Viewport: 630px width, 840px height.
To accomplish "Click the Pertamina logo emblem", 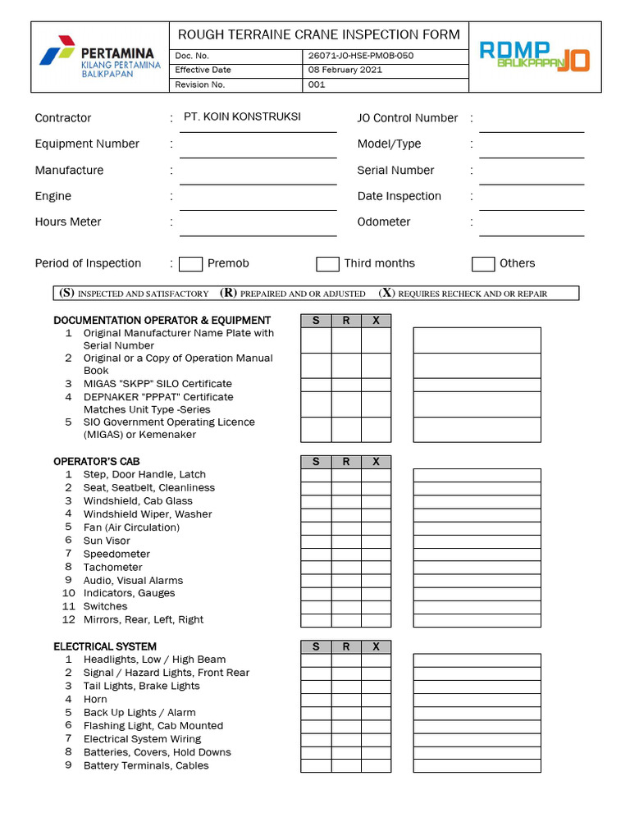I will (58, 55).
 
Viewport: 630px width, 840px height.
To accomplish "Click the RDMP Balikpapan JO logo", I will (534, 56).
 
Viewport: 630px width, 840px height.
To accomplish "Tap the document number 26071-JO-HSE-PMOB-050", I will (361, 56).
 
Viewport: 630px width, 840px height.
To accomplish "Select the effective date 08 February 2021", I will (345, 70).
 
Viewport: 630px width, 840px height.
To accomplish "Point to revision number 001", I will (317, 84).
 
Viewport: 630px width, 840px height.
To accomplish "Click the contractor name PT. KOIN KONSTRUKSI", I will (243, 116).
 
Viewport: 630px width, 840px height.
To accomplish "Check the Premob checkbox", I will (190, 264).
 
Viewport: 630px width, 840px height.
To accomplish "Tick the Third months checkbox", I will (327, 264).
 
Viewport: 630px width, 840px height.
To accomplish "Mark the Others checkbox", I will (483, 264).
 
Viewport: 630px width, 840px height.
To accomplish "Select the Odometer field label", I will (384, 222).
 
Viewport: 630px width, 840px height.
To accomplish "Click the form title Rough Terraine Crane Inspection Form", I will (319, 34).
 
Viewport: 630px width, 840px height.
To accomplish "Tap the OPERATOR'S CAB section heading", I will (91, 462).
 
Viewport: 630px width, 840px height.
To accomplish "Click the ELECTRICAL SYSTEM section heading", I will (105, 646).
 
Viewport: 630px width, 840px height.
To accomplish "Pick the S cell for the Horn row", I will (316, 700).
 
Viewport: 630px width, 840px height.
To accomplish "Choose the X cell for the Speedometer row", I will (376, 555).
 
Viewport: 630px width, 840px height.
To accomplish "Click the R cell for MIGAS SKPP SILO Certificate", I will (346, 384).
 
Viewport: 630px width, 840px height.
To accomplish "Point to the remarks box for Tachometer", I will (477, 568).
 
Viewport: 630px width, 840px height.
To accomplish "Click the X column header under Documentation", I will (376, 321).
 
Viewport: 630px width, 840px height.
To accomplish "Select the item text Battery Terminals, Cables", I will (146, 765).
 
